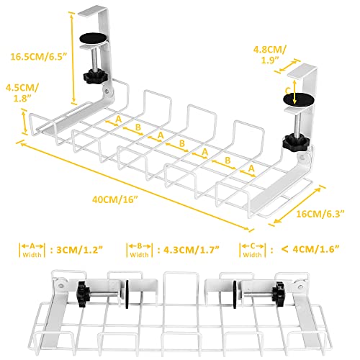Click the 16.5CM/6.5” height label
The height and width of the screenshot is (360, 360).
click(38, 57)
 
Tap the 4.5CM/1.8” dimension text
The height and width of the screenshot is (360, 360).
click(22, 93)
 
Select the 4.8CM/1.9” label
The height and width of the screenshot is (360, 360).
click(270, 55)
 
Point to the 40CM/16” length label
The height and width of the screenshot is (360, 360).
click(115, 199)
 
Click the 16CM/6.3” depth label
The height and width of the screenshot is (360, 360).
click(320, 214)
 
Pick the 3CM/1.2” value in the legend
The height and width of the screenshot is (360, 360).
click(80, 250)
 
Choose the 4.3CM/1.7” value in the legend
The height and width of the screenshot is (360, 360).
click(192, 250)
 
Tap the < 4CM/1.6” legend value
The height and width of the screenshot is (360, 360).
click(310, 249)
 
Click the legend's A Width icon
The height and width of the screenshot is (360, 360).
click(32, 250)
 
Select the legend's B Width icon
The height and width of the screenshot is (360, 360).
click(140, 250)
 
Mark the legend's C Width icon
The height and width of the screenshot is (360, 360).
click(253, 250)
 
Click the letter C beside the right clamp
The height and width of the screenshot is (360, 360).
click(288, 91)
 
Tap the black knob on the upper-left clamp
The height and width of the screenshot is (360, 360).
click(93, 76)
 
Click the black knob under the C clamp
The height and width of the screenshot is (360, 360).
click(294, 143)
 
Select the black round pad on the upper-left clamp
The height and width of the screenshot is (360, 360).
click(93, 38)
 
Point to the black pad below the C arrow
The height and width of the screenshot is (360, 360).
click(299, 99)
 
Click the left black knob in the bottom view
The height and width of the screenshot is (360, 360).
click(83, 293)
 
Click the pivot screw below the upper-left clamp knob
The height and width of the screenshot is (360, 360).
click(107, 91)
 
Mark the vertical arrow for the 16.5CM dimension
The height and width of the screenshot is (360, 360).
click(72, 58)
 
